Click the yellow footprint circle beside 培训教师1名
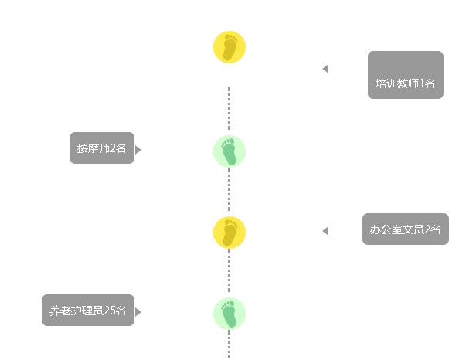[229, 47]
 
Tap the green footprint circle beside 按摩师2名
[229, 151]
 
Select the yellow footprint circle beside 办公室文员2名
[229, 233]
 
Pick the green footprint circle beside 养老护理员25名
[229, 314]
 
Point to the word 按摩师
[93, 148]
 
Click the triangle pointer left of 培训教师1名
[325, 69]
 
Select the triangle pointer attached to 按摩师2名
[138, 150]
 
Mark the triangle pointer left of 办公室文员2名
[325, 231]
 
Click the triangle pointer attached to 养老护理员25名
[138, 312]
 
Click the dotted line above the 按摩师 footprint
[229, 108]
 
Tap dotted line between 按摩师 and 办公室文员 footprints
[229, 189]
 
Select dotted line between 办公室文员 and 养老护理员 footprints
[229, 270]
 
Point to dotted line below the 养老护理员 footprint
[229, 344]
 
